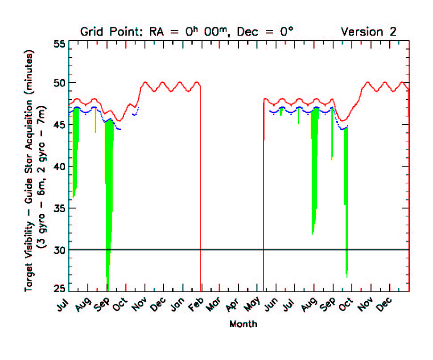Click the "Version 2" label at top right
pyautogui.click(x=368, y=32)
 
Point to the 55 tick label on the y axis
pyautogui.click(x=61, y=44)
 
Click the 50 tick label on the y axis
pyautogui.click(x=61, y=83)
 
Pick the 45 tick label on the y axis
pyautogui.click(x=61, y=125)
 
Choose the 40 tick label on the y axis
pyautogui.click(x=61, y=166)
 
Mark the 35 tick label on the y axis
pyautogui.click(x=61, y=208)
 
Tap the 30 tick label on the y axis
pyautogui.click(x=61, y=250)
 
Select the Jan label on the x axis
pyautogui.click(x=178, y=305)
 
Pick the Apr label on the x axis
pyautogui.click(x=235, y=305)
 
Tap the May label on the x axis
pyautogui.click(x=254, y=305)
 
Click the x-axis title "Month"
pyautogui.click(x=243, y=324)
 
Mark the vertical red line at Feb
pyautogui.click(x=200, y=187)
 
